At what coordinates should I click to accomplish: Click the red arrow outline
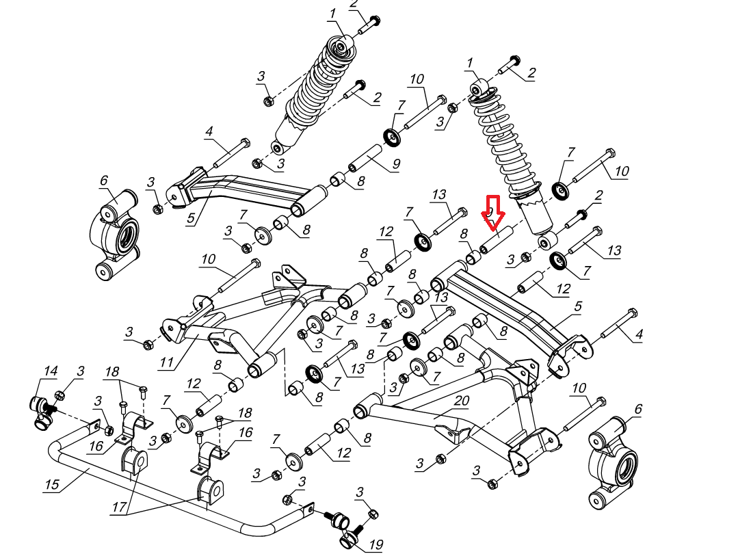(x=492, y=214)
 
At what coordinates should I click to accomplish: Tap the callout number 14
(x=50, y=371)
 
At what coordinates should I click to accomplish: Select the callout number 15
(x=52, y=485)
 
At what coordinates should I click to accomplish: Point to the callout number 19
(x=375, y=545)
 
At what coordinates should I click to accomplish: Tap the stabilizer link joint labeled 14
(x=42, y=410)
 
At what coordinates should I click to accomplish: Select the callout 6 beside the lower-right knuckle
(x=638, y=409)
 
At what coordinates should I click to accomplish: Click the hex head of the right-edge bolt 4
(x=632, y=314)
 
